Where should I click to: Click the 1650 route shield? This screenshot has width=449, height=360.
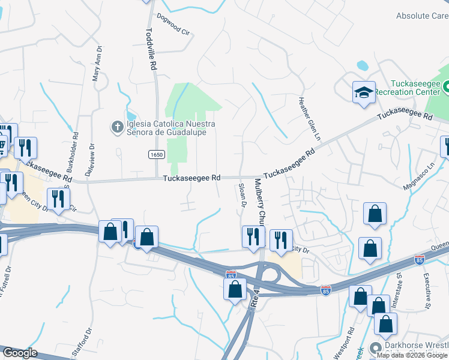coord(156,155)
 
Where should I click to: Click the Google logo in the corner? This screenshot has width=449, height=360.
coord(19,353)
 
